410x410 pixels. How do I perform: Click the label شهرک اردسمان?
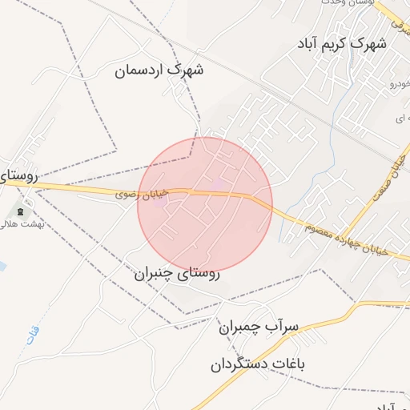click(159, 70)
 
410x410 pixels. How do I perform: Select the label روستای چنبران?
click(177, 273)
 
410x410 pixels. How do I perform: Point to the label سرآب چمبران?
click(258, 327)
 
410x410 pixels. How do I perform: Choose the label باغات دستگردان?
click(259, 364)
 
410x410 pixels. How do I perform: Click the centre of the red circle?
click(205, 205)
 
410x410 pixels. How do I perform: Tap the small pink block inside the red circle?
click(219, 186)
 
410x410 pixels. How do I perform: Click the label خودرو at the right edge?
click(398, 82)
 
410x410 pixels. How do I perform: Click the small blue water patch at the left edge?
click(2, 265)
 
